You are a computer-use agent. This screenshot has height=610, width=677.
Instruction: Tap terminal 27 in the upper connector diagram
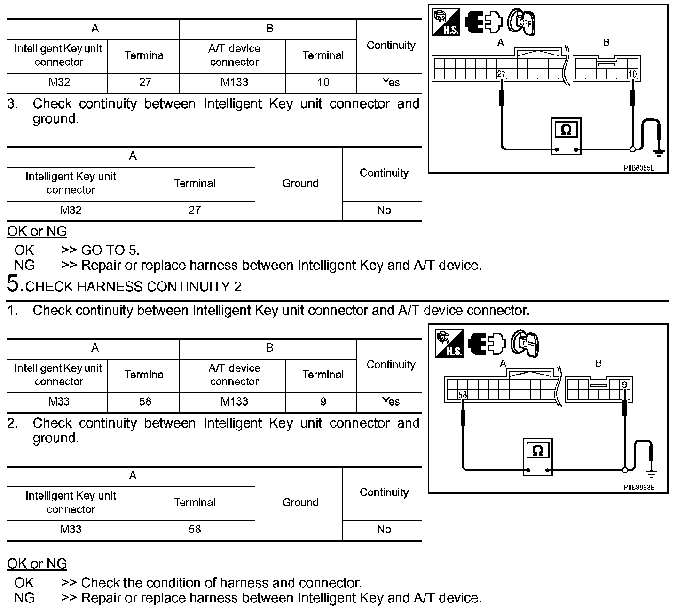click(x=501, y=74)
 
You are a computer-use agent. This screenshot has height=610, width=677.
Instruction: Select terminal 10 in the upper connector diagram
click(x=632, y=74)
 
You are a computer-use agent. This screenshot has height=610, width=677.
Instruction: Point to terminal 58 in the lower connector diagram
click(x=463, y=395)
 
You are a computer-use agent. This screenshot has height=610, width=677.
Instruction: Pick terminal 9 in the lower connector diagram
click(x=624, y=385)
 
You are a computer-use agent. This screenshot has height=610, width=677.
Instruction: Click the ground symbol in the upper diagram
click(x=659, y=151)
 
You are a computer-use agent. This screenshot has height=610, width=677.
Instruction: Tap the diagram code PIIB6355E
click(x=639, y=168)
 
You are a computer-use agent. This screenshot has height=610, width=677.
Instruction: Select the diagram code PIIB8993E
click(x=639, y=487)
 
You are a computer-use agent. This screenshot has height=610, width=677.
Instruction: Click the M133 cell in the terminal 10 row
click(x=234, y=83)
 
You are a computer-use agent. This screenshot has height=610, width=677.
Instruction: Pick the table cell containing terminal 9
click(x=323, y=402)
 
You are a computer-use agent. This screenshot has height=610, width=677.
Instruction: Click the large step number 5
click(x=14, y=284)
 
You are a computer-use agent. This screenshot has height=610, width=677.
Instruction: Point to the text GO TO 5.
click(x=110, y=250)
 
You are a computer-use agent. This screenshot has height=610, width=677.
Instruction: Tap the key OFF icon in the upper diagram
click(x=522, y=22)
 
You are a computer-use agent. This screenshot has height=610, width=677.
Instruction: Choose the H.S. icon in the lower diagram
click(x=449, y=344)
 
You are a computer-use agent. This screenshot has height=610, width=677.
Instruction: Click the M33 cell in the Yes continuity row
click(x=59, y=402)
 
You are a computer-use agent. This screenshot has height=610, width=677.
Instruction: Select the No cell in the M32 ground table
click(x=384, y=211)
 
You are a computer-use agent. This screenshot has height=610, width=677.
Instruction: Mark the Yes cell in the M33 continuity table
click(x=391, y=402)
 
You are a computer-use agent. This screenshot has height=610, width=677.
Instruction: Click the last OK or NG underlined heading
click(x=37, y=564)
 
